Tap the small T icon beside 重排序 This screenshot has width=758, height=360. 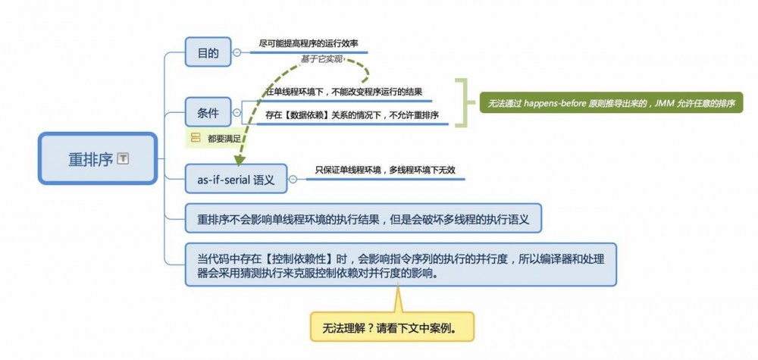click(124, 159)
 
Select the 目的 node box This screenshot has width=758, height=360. click(208, 52)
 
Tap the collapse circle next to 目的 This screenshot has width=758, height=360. click(237, 52)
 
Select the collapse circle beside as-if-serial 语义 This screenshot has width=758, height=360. click(293, 180)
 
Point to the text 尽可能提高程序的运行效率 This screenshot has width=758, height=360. click(309, 45)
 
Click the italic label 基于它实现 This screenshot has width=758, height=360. click(322, 59)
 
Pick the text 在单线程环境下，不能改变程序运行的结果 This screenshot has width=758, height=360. click(343, 92)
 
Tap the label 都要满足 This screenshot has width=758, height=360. click(224, 138)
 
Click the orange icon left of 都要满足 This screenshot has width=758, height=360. click(196, 138)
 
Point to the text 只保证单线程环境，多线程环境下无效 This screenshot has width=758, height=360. click(384, 171)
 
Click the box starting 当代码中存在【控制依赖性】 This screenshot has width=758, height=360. click(401, 265)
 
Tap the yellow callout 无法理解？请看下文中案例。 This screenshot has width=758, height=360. click(392, 327)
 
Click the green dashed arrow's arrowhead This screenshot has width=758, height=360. click(240, 161)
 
